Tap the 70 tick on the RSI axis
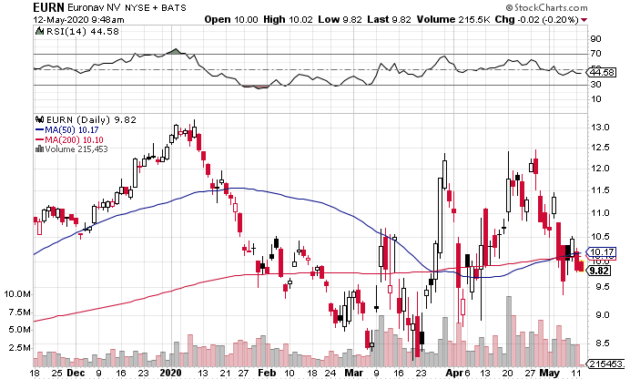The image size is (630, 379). [597, 55]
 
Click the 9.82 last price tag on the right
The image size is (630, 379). [599, 270]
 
